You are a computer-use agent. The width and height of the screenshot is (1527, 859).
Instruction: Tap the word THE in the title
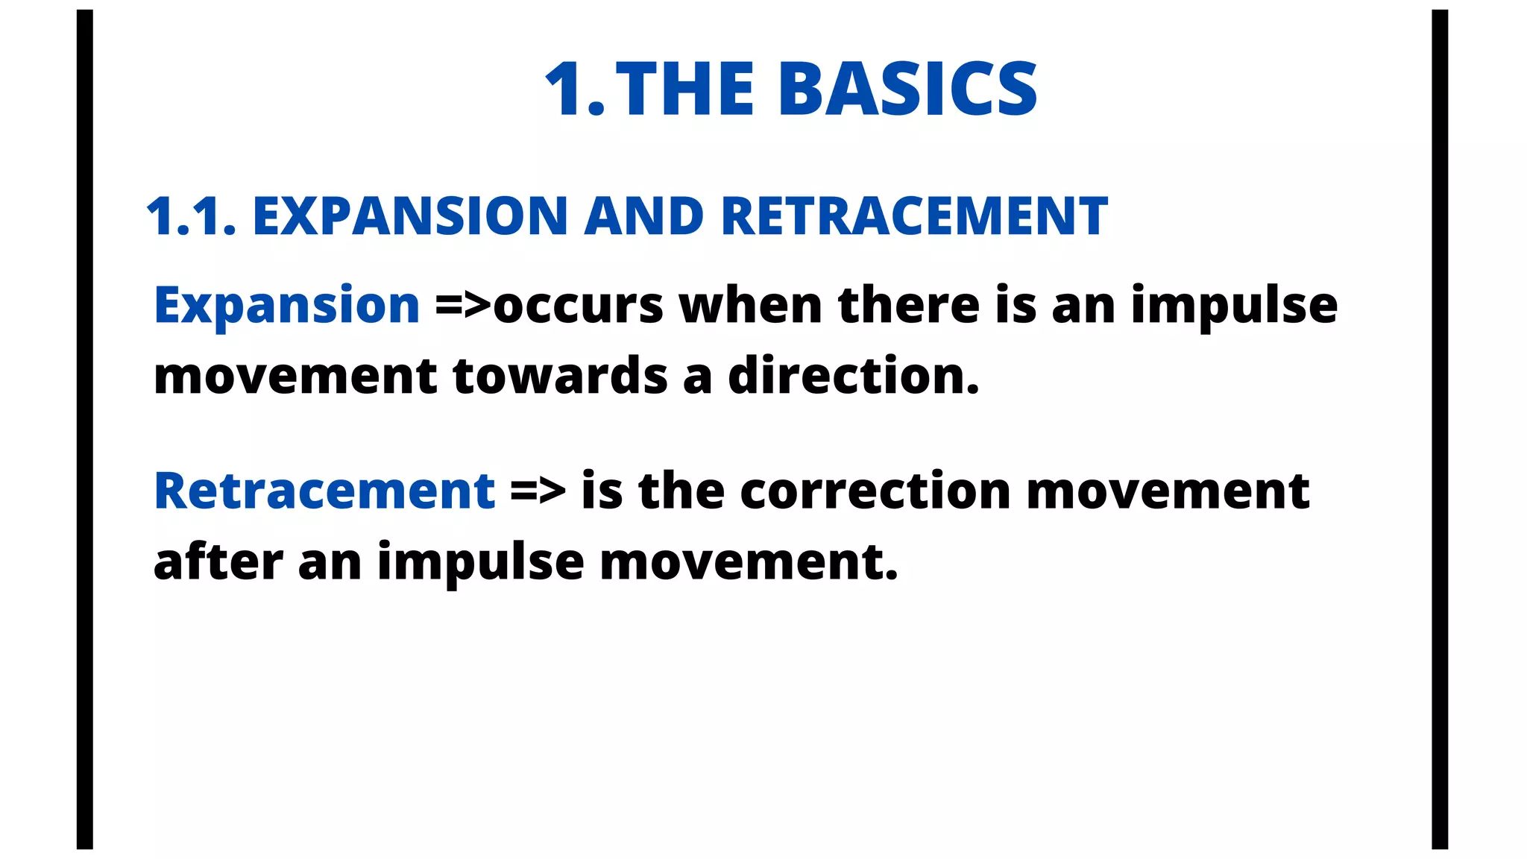(x=685, y=89)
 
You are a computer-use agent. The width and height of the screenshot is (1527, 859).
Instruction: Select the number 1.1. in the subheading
(x=191, y=217)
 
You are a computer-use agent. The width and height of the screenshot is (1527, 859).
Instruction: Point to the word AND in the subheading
(x=643, y=217)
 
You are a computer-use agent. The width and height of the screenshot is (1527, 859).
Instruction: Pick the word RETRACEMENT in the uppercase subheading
(x=914, y=217)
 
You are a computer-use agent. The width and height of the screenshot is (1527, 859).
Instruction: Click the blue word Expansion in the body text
(x=287, y=305)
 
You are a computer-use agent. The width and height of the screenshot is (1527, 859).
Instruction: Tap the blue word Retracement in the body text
(x=324, y=491)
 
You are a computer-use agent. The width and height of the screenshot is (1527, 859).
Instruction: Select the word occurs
(x=578, y=306)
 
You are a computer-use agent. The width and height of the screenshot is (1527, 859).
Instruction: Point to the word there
(x=908, y=305)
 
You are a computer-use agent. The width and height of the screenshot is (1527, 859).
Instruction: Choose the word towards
(x=559, y=375)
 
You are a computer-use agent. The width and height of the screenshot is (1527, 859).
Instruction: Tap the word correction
(x=875, y=491)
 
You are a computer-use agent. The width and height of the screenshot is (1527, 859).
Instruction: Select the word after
(x=218, y=561)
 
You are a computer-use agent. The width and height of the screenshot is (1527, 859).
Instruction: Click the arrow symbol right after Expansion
(x=463, y=305)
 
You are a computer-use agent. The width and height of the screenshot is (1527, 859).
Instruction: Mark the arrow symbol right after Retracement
(x=538, y=491)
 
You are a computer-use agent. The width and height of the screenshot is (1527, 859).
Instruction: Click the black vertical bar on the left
(x=85, y=429)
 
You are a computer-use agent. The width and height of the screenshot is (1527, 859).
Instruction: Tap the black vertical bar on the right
(x=1440, y=429)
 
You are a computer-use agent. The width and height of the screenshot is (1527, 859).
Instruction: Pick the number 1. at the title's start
(x=574, y=89)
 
